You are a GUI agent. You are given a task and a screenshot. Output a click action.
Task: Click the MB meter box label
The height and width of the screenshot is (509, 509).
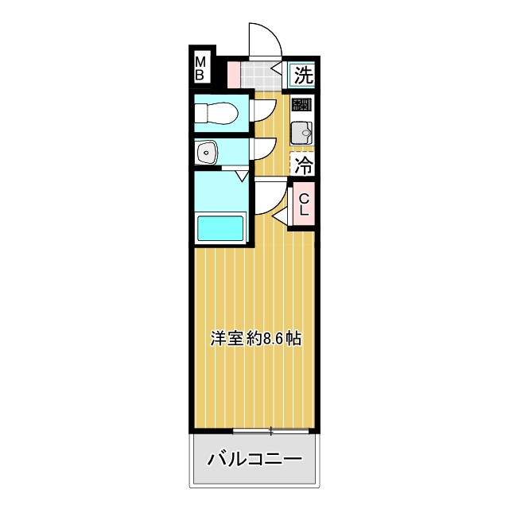(200, 68)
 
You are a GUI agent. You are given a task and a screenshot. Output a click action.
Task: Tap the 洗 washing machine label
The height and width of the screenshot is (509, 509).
(303, 76)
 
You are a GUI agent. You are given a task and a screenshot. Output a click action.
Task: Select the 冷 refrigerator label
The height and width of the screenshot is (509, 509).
(303, 165)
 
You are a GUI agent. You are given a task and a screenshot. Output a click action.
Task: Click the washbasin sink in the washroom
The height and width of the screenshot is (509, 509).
(206, 151)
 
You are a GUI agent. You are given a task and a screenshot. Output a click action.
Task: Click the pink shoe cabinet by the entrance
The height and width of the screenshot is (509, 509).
(234, 74)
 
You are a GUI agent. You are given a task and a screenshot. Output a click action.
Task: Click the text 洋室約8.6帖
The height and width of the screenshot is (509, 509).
(254, 338)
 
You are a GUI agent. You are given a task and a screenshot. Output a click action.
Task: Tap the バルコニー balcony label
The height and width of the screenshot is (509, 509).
(254, 459)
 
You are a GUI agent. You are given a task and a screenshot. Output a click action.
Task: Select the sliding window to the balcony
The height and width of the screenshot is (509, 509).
(270, 432)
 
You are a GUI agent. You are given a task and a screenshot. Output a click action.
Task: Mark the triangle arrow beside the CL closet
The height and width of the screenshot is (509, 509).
(280, 216)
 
